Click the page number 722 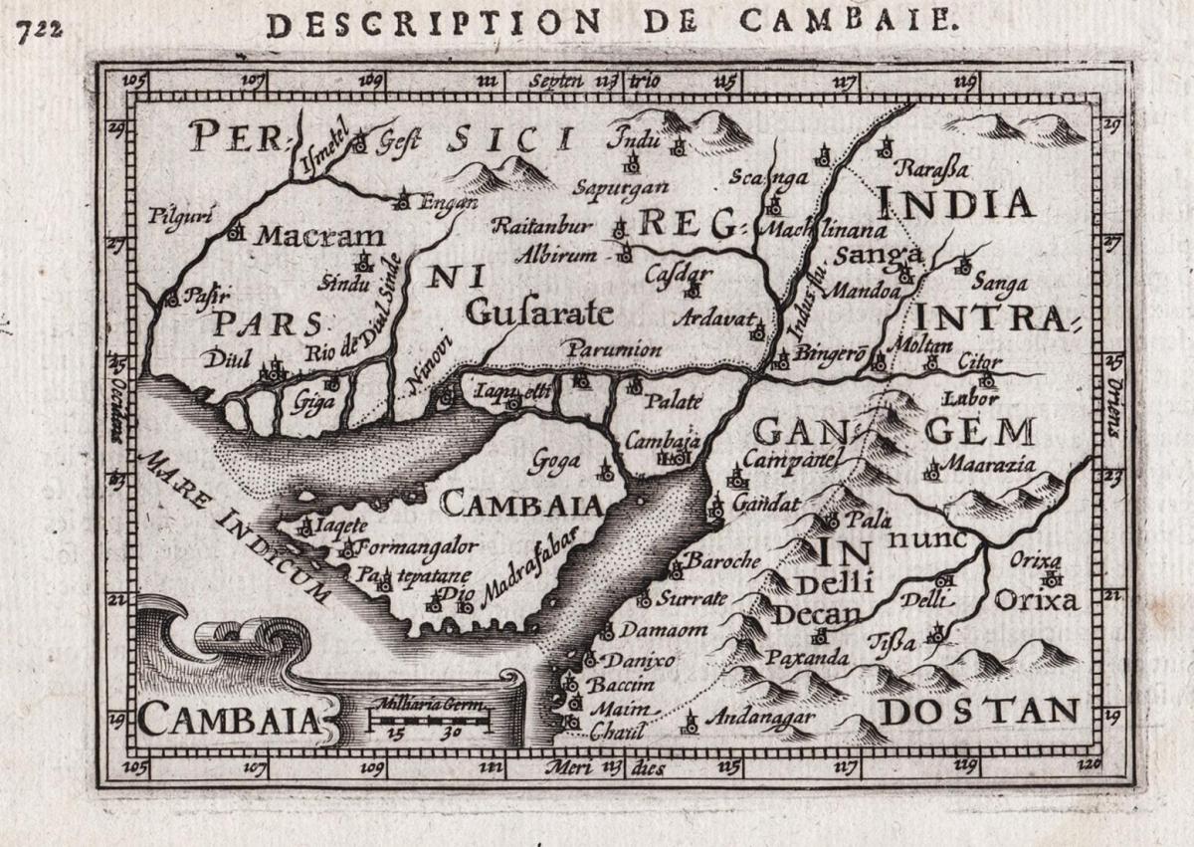click(39, 28)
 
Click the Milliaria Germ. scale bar click(430, 717)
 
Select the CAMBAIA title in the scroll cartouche click(227, 718)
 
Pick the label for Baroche click(723, 560)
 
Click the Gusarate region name click(538, 314)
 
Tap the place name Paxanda click(807, 658)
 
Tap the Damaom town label click(663, 629)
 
